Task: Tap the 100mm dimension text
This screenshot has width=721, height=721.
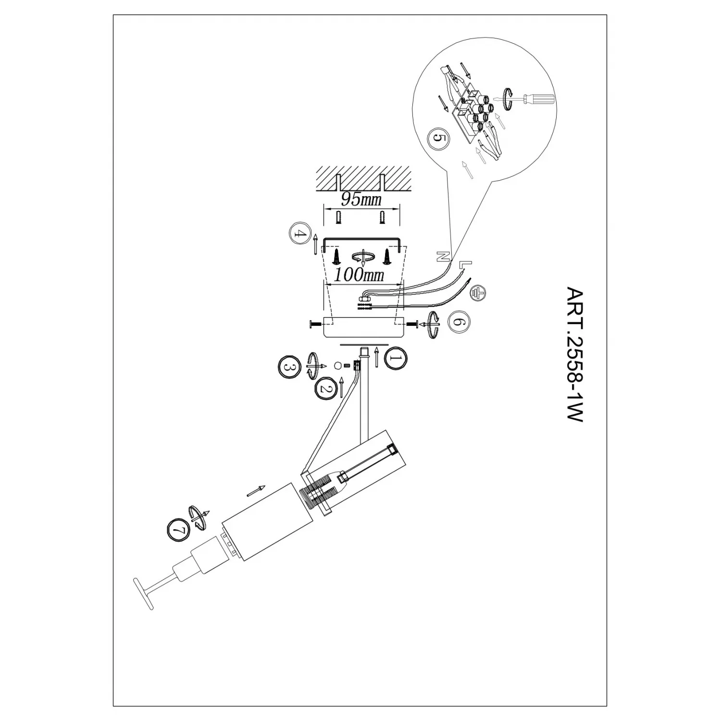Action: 360,275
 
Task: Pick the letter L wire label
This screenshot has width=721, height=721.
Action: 466,264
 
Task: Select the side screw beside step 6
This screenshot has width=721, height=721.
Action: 412,324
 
